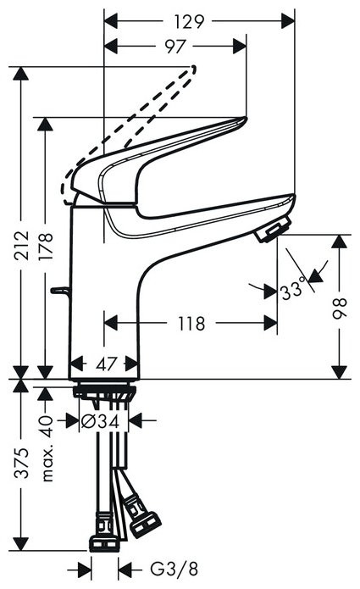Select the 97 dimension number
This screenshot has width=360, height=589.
pyautogui.click(x=175, y=47)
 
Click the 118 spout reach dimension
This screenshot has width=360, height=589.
pyautogui.click(x=191, y=323)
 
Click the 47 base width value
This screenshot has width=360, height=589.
pyautogui.click(x=103, y=365)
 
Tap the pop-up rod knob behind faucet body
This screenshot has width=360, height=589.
pyautogui.click(x=58, y=292)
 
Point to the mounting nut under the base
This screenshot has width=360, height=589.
pyautogui.click(x=104, y=392)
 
